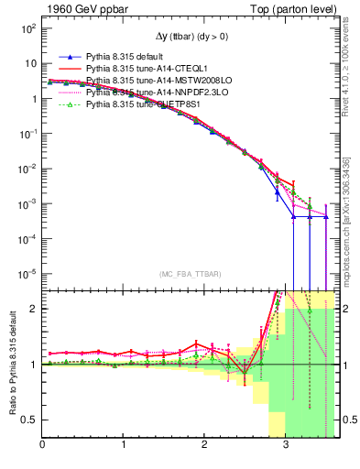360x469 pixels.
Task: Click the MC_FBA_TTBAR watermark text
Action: [x=188, y=276]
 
